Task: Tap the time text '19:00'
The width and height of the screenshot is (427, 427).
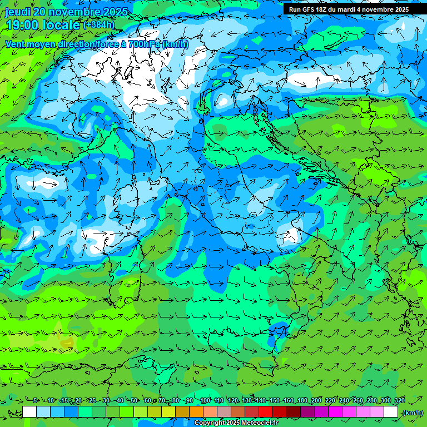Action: pyautogui.click(x=23, y=25)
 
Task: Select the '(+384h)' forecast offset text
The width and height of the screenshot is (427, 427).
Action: pyautogui.click(x=99, y=25)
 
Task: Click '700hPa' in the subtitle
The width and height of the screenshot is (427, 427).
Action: pyautogui.click(x=130, y=44)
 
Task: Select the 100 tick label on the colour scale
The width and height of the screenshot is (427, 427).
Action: pyautogui.click(x=205, y=400)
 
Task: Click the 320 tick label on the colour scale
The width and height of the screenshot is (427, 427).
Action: pyautogui.click(x=399, y=400)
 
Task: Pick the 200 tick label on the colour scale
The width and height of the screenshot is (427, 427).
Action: pyautogui.click(x=316, y=400)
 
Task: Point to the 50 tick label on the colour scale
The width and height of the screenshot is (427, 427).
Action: pyautogui.click(x=135, y=400)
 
